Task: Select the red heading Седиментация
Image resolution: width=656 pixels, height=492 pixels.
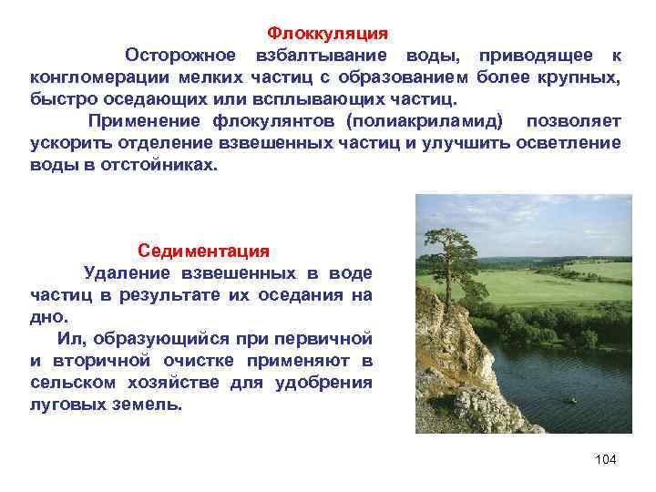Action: [203, 250]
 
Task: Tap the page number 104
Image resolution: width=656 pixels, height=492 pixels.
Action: [605, 459]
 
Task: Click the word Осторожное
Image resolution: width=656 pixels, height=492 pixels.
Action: [180, 56]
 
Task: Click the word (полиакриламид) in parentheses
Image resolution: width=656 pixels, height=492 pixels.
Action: [424, 121]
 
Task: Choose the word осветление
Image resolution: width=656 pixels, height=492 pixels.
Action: [566, 143]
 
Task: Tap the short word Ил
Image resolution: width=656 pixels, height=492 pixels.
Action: [69, 338]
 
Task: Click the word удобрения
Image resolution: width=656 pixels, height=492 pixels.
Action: [323, 382]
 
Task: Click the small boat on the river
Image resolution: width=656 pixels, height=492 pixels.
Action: [571, 400]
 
